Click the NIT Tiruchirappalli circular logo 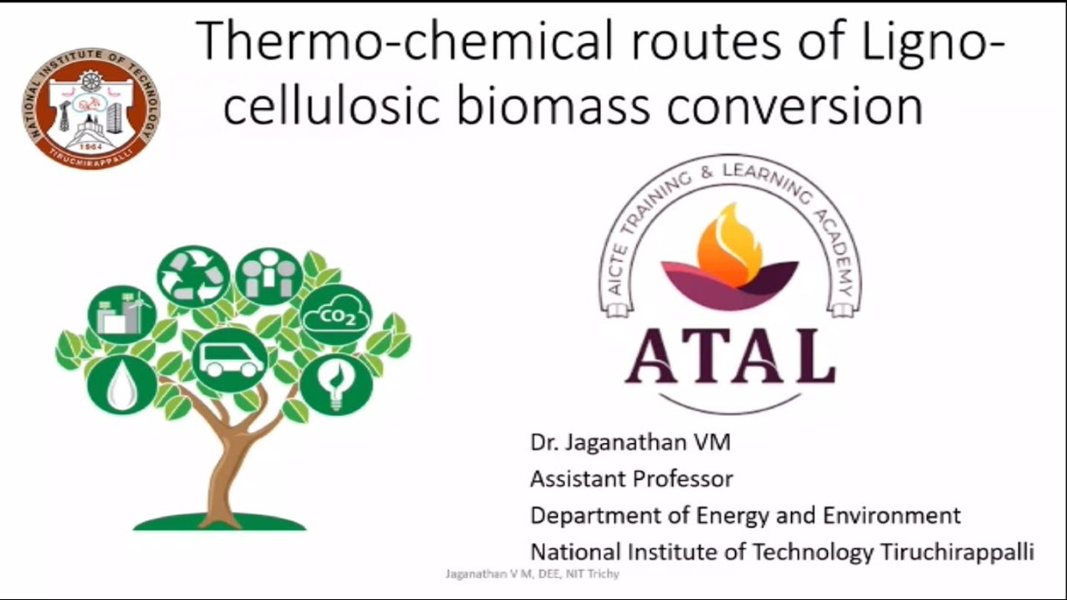click(x=91, y=108)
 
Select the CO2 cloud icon click(x=336, y=315)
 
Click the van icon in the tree click(x=230, y=359)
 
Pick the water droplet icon click(x=122, y=384)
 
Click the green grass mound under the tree click(x=219, y=522)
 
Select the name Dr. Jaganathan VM click(x=630, y=442)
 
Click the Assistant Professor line click(x=632, y=479)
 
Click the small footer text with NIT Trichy click(x=532, y=574)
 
